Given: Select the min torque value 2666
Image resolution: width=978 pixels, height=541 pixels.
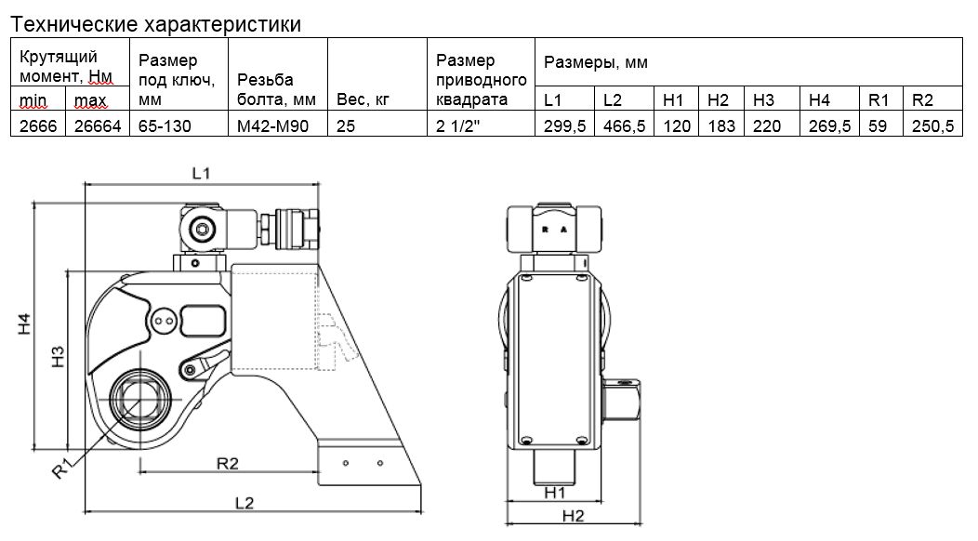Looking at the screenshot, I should pos(36,125).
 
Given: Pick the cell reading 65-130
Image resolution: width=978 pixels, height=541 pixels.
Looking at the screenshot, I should pos(165,125).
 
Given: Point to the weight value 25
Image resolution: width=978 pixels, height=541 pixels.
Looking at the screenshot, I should pos(346,125).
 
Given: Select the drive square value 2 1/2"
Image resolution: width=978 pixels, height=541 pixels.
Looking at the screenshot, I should pos(460,125).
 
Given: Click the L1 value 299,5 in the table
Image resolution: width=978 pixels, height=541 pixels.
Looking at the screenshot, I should pos(564,125).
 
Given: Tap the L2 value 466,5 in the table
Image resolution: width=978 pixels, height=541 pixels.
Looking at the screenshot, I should pos(624,125).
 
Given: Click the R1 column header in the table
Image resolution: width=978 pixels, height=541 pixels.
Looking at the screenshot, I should pos(878,99).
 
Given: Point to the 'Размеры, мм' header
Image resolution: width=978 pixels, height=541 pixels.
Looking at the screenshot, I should pos(596,63).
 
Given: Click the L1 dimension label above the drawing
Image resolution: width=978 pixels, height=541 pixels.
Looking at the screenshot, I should pos(202,172).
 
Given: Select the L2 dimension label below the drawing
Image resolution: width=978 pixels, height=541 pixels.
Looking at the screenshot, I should pos(244,503).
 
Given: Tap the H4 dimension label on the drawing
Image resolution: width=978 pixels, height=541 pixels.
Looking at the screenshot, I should pos(27,325).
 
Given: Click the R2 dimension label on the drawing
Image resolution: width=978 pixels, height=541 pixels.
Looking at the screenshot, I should pos(229,462).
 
